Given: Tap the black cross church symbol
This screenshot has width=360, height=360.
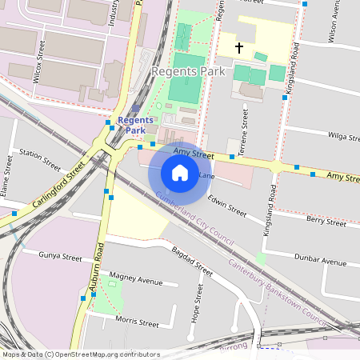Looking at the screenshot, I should [x=238, y=48].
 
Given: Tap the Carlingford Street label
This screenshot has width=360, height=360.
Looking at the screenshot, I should [x=58, y=186].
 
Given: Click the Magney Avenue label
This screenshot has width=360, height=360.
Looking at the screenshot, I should [x=136, y=280].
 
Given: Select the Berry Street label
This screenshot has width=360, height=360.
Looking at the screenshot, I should [x=326, y=221].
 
